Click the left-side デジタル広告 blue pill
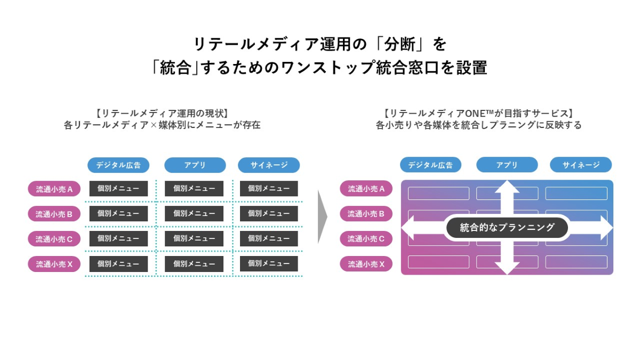118,165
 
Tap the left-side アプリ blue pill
195,165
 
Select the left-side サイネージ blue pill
269,165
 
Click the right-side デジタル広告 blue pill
430,165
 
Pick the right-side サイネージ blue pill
581,165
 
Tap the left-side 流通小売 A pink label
54,189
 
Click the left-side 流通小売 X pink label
54,264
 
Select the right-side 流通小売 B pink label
366,214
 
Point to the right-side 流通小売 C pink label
366,239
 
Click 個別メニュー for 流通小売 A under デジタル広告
118,189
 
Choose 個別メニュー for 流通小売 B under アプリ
194,213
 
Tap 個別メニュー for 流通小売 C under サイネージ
269,238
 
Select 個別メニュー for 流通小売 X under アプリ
194,263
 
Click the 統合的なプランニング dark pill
507,228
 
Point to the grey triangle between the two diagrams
322,217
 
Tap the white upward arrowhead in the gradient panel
507,187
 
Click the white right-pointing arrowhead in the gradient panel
606,228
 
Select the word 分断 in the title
399,44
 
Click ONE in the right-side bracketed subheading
475,114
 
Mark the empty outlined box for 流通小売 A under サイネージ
577,194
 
